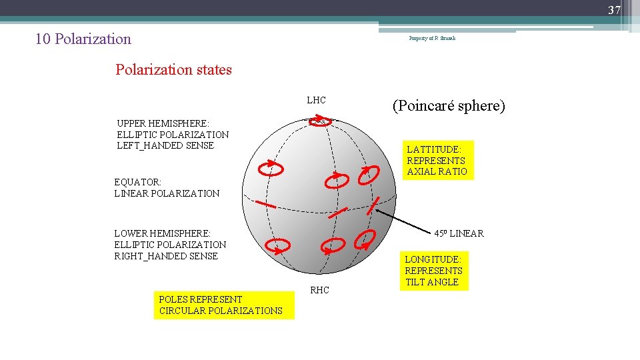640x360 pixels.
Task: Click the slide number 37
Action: point(614,10)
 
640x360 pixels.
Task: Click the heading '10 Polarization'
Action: point(83,39)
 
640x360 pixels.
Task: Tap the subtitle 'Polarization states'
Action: point(173,69)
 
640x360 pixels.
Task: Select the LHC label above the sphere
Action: point(316,101)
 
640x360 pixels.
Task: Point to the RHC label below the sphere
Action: point(319,290)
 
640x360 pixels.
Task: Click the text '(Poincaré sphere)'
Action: point(449,105)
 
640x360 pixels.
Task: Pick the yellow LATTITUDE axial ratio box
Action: point(437,160)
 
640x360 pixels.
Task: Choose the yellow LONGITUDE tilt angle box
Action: point(434,270)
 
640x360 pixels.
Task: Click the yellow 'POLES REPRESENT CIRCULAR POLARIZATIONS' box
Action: point(223,305)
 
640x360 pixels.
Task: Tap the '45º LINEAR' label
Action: point(459,233)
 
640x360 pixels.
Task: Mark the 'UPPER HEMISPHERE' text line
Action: point(163,123)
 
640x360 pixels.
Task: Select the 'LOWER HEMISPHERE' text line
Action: point(162,233)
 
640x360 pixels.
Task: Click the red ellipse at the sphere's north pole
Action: point(321,122)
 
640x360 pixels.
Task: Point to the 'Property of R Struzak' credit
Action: point(432,39)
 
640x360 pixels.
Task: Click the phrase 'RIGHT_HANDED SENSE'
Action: point(166,256)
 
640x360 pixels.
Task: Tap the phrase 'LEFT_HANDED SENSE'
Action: point(165,145)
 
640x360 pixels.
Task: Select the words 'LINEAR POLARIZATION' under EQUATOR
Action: point(167,193)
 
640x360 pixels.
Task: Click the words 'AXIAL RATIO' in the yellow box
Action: point(437,171)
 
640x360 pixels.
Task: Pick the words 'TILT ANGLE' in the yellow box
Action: point(433,282)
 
